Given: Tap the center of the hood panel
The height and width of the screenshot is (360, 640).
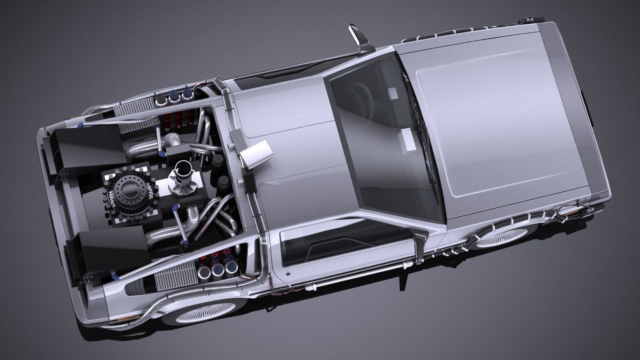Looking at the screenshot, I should click(496, 120).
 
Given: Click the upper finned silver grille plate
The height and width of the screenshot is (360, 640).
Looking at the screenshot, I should click(138, 108).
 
